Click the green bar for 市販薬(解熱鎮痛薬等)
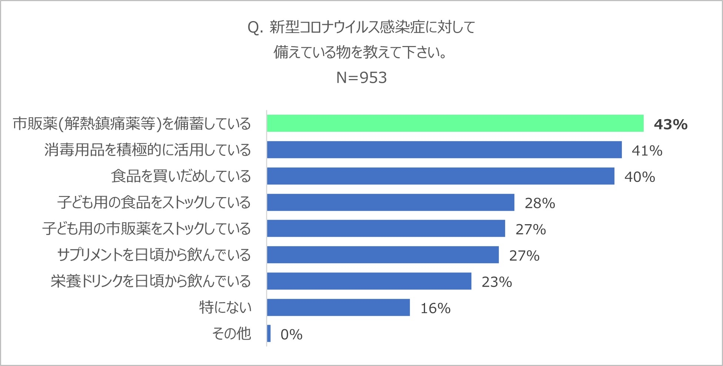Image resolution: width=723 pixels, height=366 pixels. click(x=455, y=123)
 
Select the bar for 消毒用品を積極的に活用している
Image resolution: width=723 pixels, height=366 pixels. click(x=444, y=150)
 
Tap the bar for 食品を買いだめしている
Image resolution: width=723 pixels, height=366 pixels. click(x=440, y=176)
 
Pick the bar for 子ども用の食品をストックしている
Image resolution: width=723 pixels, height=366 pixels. click(x=391, y=202)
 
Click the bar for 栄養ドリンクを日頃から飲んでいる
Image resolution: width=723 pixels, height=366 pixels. click(x=369, y=281)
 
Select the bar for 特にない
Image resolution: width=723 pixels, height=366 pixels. click(x=338, y=307)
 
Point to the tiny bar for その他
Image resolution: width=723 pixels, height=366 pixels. click(x=269, y=333)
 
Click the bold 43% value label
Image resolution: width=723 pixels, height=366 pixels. click(x=670, y=124)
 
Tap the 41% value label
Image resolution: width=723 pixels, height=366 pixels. click(x=647, y=151)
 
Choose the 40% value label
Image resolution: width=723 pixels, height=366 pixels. click(x=639, y=177)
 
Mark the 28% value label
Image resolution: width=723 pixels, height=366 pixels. click(x=540, y=203)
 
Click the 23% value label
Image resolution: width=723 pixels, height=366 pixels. click(x=497, y=282)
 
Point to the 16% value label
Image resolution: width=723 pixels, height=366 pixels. click(x=435, y=308)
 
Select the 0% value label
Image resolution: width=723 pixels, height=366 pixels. click(x=291, y=335)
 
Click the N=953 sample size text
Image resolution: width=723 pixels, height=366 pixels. click(x=361, y=78)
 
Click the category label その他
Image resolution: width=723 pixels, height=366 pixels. click(x=232, y=334)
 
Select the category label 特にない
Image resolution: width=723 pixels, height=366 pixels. click(x=225, y=307)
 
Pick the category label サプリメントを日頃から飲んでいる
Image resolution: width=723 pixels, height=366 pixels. click(x=154, y=255)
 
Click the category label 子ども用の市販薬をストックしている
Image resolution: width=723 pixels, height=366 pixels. click(x=146, y=229)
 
